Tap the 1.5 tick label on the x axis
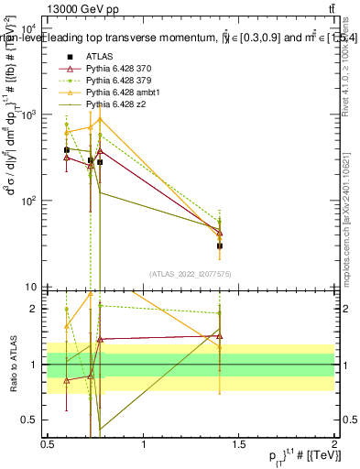[239, 446]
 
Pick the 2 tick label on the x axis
[334, 446]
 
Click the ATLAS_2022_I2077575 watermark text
[191, 273]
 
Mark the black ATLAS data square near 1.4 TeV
[220, 245]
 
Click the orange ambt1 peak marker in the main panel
[100, 119]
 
